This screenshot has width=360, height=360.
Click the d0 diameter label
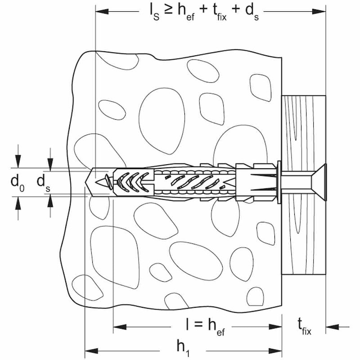[x=17, y=183]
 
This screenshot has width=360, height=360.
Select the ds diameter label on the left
[x=43, y=183]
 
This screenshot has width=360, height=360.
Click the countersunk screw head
[x=319, y=182]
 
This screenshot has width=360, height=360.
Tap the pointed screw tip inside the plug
[x=101, y=183]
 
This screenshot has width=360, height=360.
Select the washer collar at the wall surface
[x=279, y=182]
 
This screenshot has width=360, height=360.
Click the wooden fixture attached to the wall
[x=303, y=185]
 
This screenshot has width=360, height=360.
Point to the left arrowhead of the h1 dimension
[x=91, y=351]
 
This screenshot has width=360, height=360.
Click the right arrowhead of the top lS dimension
[x=319, y=11]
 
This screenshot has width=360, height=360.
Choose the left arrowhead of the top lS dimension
[x=102, y=11]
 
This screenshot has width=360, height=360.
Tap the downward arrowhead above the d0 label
[x=18, y=162]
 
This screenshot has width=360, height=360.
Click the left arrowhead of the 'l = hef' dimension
[x=120, y=327]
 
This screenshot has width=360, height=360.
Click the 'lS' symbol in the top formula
[x=154, y=13]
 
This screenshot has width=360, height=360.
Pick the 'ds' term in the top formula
[x=252, y=13]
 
